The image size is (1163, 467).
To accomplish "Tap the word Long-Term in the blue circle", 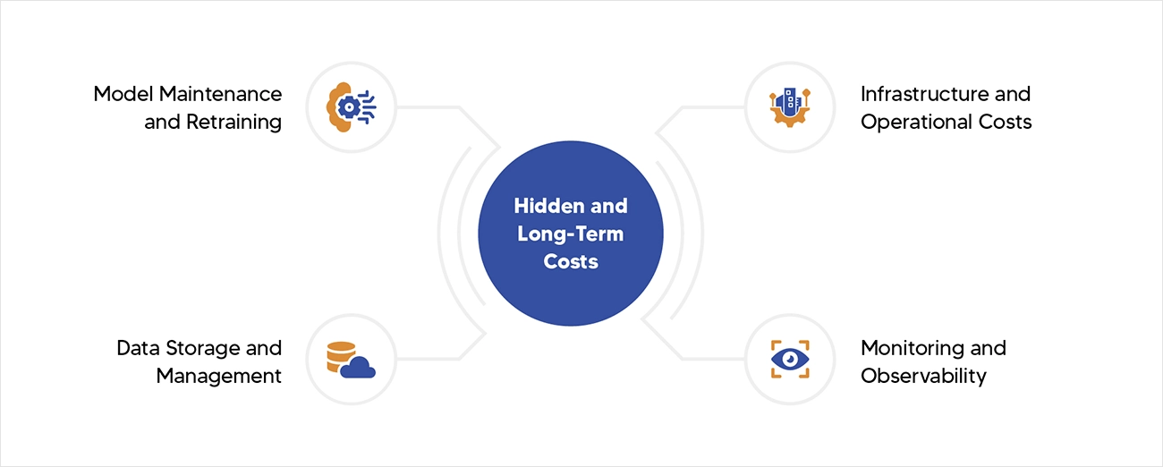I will point(571,234).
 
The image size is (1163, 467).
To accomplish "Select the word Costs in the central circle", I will point(571,262).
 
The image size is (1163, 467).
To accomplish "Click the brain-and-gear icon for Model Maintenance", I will point(351,107).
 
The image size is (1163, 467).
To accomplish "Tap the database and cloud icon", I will point(351,359).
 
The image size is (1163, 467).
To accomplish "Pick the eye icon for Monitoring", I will point(790,359).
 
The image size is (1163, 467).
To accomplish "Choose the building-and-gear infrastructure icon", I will point(790,107).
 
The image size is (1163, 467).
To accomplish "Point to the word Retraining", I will point(233,122).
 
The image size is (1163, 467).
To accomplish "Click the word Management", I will point(219,376).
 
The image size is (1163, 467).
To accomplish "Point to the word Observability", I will point(923,376).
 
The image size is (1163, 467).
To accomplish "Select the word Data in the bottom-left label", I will point(138,348).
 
